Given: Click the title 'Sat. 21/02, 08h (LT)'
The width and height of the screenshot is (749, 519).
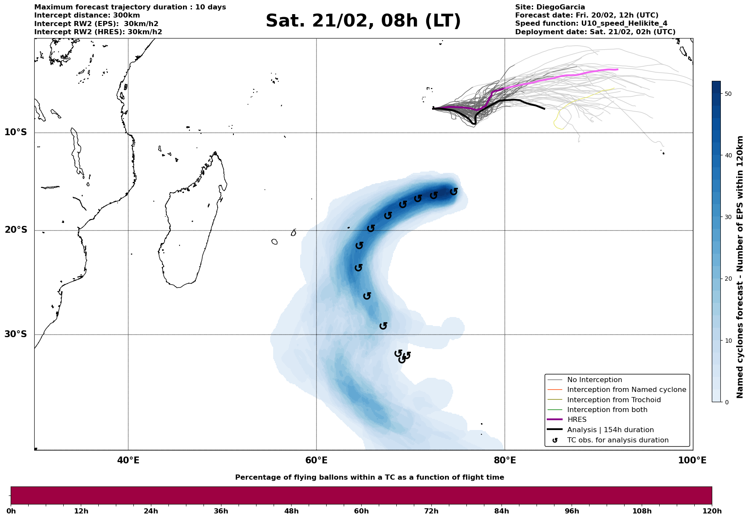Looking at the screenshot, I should pyautogui.click(x=363, y=21).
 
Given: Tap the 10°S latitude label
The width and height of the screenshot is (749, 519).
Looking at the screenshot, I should pyautogui.click(x=16, y=132).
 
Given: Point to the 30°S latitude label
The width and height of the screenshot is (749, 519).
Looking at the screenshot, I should pyautogui.click(x=16, y=334).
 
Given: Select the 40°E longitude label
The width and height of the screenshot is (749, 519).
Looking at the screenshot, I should pyautogui.click(x=128, y=460).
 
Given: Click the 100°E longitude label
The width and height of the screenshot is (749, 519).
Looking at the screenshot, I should pyautogui.click(x=692, y=460).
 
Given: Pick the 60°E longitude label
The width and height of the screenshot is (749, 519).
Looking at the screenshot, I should pyautogui.click(x=316, y=460).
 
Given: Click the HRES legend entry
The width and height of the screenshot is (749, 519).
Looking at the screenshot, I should pyautogui.click(x=577, y=420).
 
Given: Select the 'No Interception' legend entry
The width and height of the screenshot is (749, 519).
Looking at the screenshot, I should pyautogui.click(x=594, y=380).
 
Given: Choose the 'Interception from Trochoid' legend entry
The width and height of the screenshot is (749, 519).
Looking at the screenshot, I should pyautogui.click(x=613, y=400).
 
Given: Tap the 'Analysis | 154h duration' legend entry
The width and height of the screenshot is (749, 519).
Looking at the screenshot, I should pyautogui.click(x=610, y=430).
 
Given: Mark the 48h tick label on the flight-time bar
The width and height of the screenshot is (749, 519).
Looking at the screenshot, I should pyautogui.click(x=291, y=511).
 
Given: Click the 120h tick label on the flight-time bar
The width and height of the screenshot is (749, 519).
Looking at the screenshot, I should pyautogui.click(x=712, y=511).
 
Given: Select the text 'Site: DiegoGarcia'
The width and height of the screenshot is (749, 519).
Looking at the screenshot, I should pyautogui.click(x=550, y=7).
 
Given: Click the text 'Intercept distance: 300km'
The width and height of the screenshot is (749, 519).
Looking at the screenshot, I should pyautogui.click(x=87, y=15).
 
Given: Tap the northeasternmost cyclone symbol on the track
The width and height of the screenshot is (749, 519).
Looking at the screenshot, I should pyautogui.click(x=454, y=192).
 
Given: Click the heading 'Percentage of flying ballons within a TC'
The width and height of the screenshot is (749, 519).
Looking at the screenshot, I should pyautogui.click(x=369, y=477).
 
